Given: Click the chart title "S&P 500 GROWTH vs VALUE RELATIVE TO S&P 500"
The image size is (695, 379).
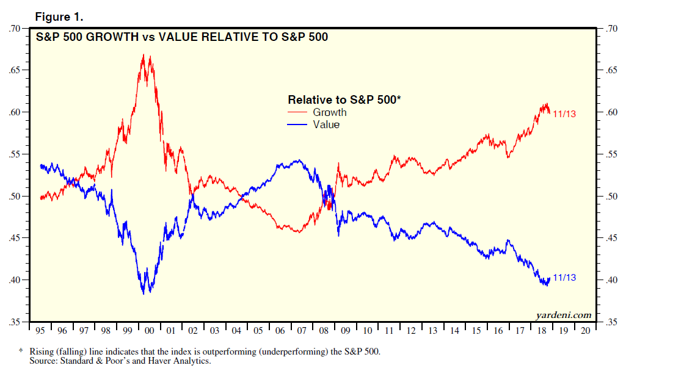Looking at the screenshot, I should [181, 37].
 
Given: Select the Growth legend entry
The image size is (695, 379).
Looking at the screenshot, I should [329, 112].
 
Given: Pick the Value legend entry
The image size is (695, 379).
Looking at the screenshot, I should [326, 125].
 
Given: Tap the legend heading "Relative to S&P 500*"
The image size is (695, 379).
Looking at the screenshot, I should [344, 99].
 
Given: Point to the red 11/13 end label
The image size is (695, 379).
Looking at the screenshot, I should [564, 114].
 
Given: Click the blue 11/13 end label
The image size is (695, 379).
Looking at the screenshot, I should [564, 278].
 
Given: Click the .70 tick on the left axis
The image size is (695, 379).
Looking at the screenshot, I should [15, 28].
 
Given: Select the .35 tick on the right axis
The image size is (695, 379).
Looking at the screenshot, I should [613, 322].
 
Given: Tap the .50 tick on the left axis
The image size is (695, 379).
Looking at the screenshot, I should [15, 197].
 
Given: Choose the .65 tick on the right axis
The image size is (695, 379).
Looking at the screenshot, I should [613, 70].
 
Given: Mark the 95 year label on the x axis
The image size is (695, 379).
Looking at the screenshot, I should [40, 331].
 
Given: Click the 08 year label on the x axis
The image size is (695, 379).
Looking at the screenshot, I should [323, 331].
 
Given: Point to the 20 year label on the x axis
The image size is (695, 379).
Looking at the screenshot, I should [584, 331].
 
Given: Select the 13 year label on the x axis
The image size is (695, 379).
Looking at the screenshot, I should [432, 331].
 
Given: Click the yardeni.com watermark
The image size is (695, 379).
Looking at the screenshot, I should [563, 316].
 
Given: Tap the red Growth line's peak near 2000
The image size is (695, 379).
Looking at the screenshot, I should [144, 55].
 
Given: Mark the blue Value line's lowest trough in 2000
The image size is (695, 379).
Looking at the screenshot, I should [144, 294].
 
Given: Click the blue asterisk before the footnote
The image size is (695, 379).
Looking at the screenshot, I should [20, 352].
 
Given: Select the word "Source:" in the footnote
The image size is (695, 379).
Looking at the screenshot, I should [43, 361].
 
